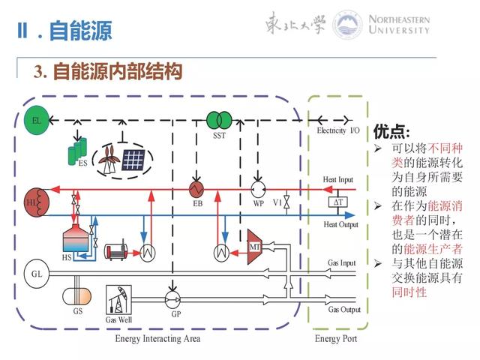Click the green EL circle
click(x=34, y=120)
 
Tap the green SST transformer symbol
click(x=219, y=120)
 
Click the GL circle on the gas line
click(x=36, y=273)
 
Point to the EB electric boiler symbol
click(x=198, y=188)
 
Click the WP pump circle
click(x=258, y=188)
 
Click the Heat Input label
click(x=338, y=179)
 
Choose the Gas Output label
click(x=344, y=309)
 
